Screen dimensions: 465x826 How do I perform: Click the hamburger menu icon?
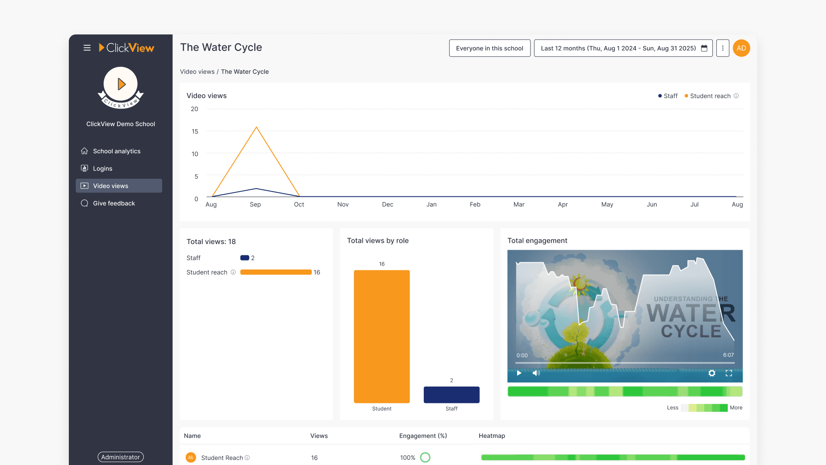pos(87,48)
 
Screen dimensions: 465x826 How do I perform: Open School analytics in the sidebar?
pos(116,151)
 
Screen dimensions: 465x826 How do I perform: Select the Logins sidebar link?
pos(102,168)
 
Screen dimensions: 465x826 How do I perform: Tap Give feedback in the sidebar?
pos(114,203)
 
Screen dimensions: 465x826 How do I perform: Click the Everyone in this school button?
pos(490,48)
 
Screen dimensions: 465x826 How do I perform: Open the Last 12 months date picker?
pos(623,48)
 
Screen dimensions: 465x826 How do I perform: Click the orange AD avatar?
pos(741,48)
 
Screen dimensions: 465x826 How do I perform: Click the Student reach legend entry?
pos(710,96)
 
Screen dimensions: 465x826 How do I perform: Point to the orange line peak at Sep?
pos(256,127)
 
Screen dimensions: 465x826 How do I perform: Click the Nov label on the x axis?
pos(343,205)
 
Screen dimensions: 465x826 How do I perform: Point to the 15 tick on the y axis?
pos(195,131)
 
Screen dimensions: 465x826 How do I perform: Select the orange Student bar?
pos(382,336)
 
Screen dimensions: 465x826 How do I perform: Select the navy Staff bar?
pos(451,394)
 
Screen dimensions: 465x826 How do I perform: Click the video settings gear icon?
pos(712,373)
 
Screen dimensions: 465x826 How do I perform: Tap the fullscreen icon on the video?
pos(729,373)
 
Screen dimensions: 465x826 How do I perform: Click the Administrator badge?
pos(120,457)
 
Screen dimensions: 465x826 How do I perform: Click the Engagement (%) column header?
pos(423,436)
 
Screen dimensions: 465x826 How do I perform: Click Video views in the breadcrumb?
pos(197,72)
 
